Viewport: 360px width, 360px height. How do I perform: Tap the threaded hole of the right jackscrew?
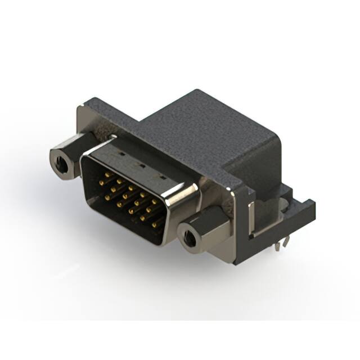190,239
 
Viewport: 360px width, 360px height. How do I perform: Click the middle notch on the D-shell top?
140,165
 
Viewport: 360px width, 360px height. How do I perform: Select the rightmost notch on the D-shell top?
163,178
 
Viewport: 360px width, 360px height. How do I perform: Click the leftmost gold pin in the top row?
106,175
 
